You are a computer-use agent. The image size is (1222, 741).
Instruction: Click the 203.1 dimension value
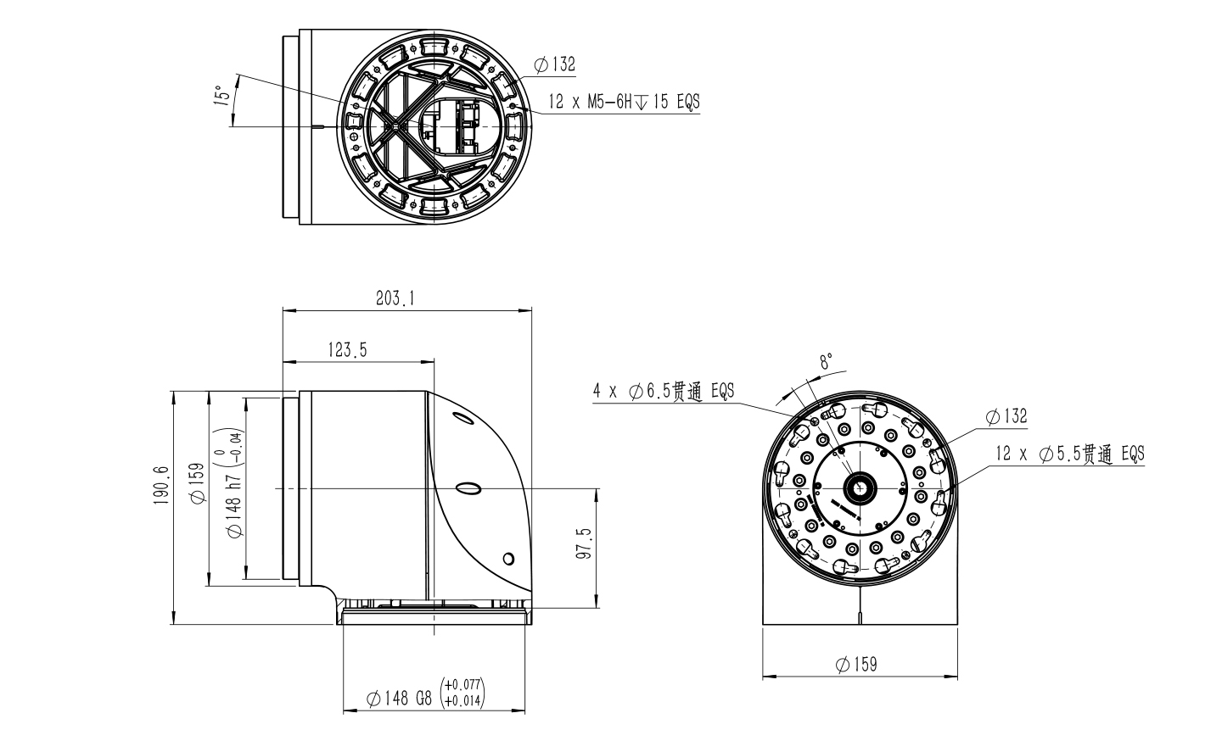click(395, 298)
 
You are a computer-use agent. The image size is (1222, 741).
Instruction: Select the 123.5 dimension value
click(348, 350)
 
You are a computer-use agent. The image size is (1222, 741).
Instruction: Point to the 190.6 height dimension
click(161, 485)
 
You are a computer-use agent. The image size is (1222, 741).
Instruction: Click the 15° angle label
click(221, 95)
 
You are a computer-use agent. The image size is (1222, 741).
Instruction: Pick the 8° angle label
click(827, 360)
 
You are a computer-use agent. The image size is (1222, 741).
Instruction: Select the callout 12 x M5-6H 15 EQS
click(624, 102)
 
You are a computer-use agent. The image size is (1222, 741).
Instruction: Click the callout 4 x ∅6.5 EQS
click(664, 391)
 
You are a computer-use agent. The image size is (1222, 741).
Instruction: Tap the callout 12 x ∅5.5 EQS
click(1070, 454)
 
